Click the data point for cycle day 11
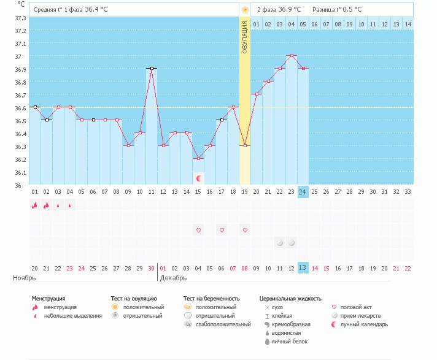coord(152,69)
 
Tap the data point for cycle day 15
coord(198,159)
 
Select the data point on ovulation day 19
coord(245,145)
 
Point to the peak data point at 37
coord(292,56)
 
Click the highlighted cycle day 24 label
coord(303,191)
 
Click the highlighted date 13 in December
coord(303,267)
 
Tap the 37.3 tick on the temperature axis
coord(20,18)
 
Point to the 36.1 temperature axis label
coord(20,172)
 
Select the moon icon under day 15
coord(198,178)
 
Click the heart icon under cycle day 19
coord(245,230)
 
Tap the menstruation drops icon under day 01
coord(35,205)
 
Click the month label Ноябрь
coord(21,278)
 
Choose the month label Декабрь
coord(172,278)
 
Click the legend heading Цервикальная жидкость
coord(290,299)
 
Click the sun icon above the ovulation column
coord(245,10)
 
